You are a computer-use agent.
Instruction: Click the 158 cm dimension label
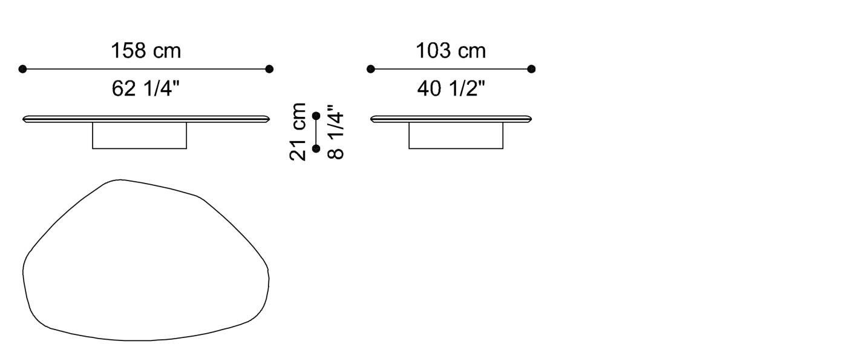[146, 51]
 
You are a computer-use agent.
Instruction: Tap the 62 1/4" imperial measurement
[146, 88]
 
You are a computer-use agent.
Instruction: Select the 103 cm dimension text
[451, 51]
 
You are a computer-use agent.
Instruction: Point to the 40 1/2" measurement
[451, 88]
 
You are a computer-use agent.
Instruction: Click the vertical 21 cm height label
[298, 131]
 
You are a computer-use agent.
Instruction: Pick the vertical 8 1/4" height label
[336, 132]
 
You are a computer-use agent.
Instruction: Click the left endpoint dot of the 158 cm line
[23, 69]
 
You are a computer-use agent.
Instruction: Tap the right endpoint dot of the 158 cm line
[269, 69]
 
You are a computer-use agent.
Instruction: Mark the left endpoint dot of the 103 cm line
[370, 69]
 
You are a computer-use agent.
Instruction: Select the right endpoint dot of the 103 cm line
[531, 69]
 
